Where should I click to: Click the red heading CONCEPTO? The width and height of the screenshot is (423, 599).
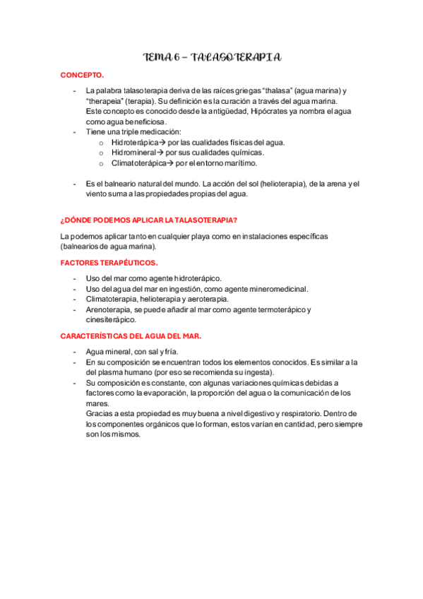[82, 74]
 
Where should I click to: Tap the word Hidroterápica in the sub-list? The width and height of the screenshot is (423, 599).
[134, 142]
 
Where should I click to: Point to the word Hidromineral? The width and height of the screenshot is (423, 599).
[133, 152]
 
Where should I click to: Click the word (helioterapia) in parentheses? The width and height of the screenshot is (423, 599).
[276, 184]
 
